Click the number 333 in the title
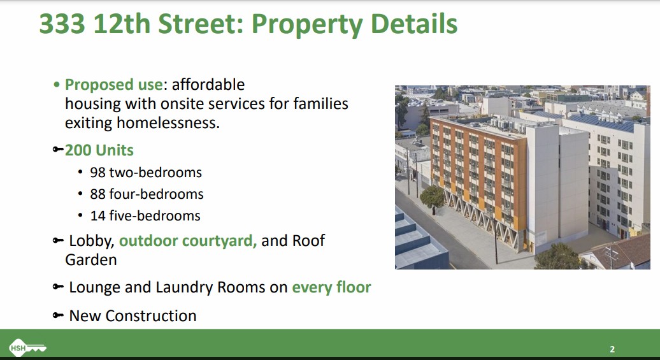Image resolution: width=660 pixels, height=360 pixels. point(62,24)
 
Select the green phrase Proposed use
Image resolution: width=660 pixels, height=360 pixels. point(113,85)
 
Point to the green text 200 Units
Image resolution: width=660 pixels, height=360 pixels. point(99,150)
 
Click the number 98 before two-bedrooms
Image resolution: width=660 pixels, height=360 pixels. point(97,172)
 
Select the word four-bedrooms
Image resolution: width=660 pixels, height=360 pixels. point(156,194)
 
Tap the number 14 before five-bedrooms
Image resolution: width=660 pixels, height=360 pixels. point(97,215)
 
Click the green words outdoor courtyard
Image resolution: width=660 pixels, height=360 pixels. point(188,241)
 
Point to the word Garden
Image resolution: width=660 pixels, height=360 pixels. point(91,260)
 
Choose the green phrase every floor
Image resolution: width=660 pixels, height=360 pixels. point(331,287)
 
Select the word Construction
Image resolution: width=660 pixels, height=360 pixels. point(151,316)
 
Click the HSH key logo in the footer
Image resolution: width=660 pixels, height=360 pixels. point(27,348)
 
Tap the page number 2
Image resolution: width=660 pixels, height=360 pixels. point(612,349)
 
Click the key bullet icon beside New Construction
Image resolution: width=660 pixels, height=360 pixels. point(58,315)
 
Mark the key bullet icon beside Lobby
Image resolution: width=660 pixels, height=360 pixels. point(58,240)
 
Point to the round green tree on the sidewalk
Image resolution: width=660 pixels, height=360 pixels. point(433,197)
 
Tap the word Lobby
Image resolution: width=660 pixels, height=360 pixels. point(92,241)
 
